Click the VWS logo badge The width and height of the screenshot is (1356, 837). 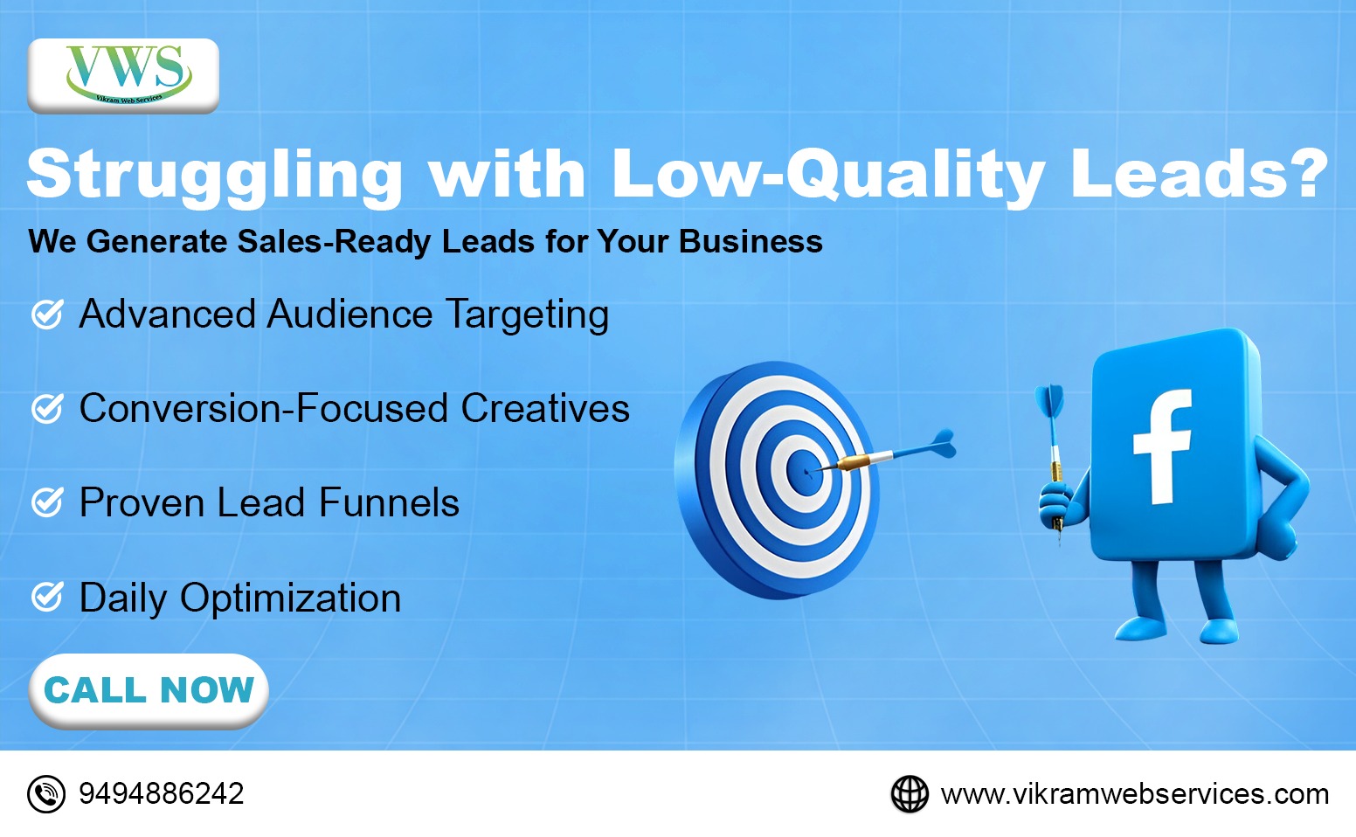pos(123,76)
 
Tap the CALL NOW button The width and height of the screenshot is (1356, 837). pos(149,690)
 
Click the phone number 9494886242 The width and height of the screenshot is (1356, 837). pos(161,793)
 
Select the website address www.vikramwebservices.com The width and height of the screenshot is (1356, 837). pos(1134,794)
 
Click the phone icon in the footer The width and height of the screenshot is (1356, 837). pos(46,793)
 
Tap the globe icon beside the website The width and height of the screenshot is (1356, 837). pos(910,793)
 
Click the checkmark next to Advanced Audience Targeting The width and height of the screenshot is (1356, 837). pos(47,314)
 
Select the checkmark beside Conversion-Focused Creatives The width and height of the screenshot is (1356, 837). pos(47,408)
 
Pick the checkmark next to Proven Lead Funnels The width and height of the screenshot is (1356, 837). pos(47,502)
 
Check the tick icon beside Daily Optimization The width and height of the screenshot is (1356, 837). pos(47,597)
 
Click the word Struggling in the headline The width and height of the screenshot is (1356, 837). pos(215,176)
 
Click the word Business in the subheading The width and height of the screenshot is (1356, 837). pos(751,241)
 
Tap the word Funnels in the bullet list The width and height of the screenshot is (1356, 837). pos(390,502)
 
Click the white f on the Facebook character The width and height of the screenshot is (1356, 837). pos(1163,446)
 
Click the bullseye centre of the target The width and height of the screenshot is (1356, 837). pos(805,472)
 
